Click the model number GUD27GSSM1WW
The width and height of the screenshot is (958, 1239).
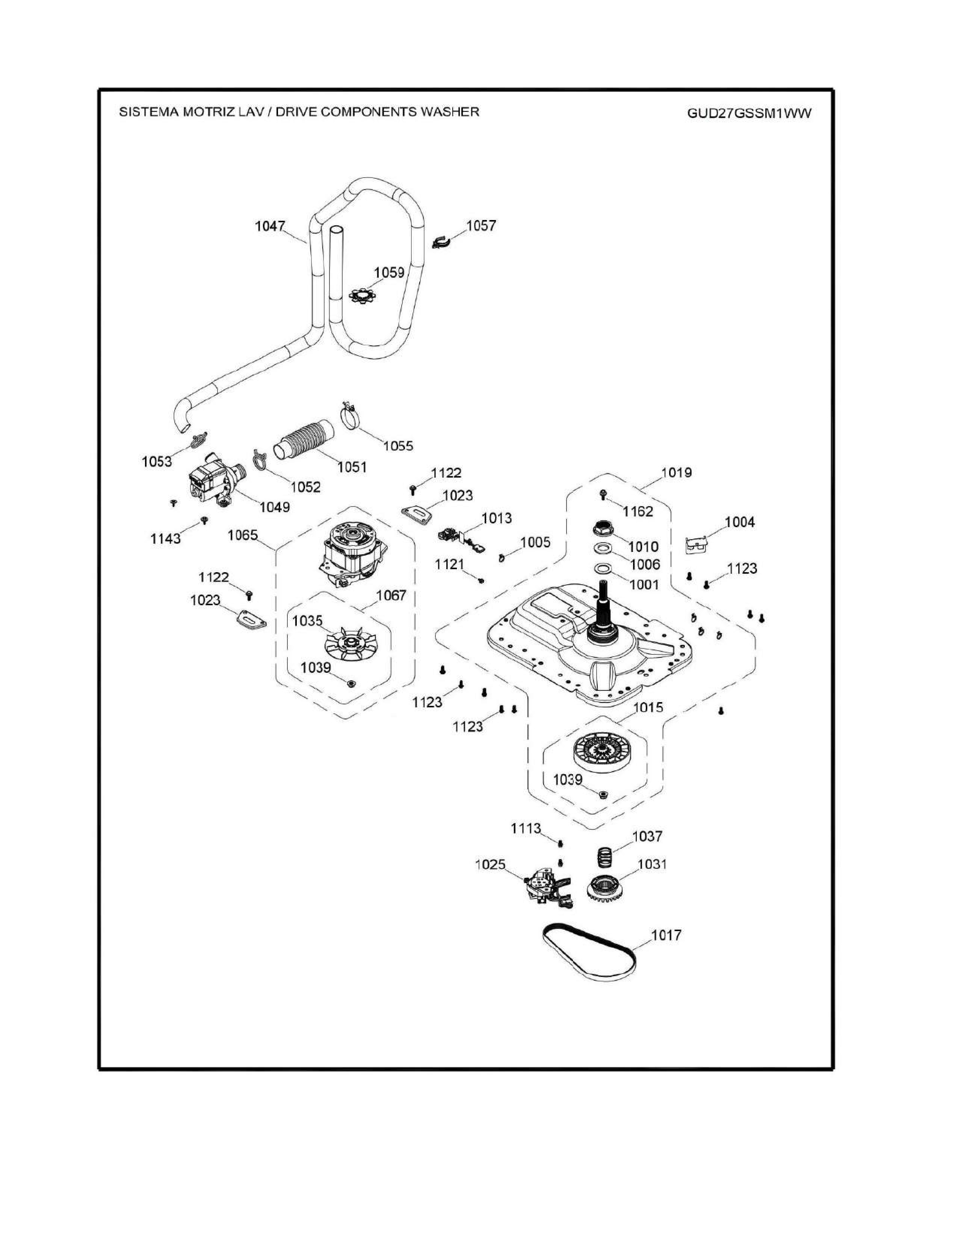[749, 113]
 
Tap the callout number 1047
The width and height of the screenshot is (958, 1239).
[270, 226]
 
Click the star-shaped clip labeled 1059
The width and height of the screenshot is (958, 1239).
[362, 295]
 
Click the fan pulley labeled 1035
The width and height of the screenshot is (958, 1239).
[348, 644]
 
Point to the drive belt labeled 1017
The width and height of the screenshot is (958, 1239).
[588, 958]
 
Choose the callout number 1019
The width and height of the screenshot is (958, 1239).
[677, 472]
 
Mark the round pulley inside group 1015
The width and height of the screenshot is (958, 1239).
[601, 752]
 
